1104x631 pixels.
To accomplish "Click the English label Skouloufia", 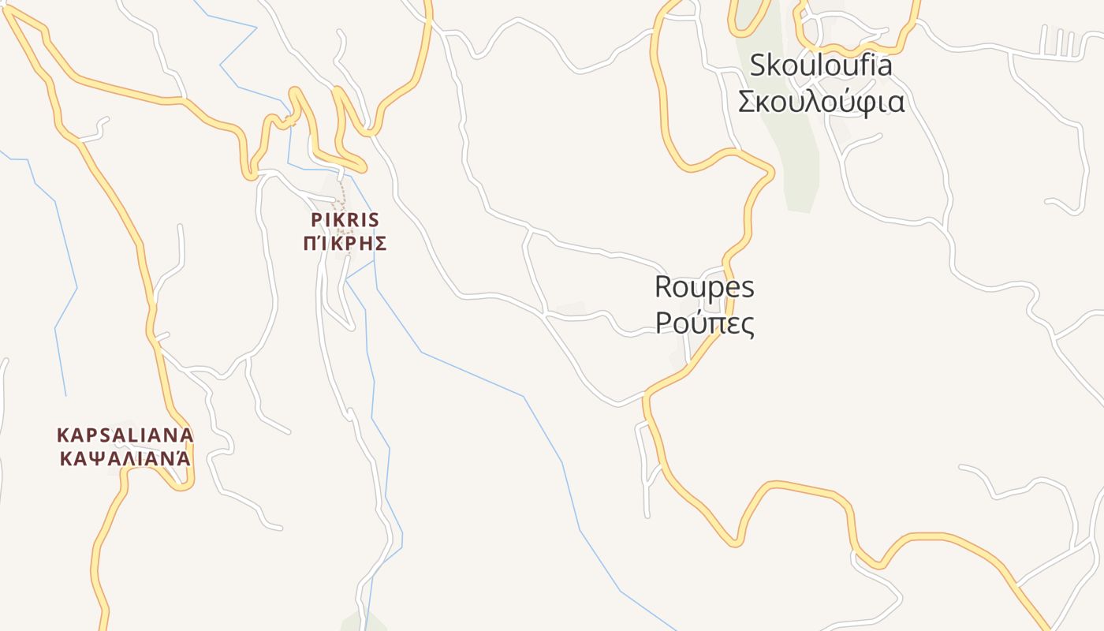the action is [820, 65].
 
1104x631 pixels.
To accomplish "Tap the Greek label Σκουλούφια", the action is [820, 103].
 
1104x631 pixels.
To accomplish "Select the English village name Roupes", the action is [704, 287].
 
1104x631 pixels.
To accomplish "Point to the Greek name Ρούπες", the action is [704, 323].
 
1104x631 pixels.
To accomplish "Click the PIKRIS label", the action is [345, 219].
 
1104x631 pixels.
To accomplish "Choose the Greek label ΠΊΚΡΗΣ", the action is [345, 243].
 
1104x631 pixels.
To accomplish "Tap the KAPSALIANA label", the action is [125, 435].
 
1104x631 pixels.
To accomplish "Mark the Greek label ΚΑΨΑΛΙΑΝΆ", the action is [125, 458].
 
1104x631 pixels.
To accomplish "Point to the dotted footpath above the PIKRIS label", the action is [341, 193].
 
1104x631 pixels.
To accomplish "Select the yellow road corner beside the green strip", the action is [768, 170].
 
